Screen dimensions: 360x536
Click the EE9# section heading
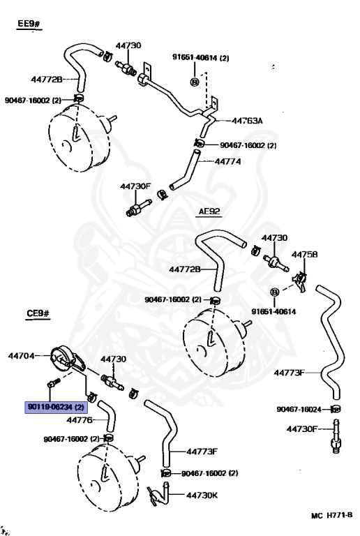click(29, 24)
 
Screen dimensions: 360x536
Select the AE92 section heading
click(209, 211)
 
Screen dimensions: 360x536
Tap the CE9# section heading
click(38, 313)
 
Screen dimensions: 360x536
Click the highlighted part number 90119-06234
click(56, 407)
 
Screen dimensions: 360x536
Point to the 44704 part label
click(21, 356)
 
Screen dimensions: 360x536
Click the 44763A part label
click(247, 121)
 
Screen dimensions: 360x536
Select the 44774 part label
click(228, 161)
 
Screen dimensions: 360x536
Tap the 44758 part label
click(304, 254)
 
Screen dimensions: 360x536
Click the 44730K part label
click(202, 495)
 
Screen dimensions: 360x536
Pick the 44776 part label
click(80, 419)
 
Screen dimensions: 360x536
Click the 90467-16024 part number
click(299, 409)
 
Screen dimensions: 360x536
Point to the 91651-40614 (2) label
click(200, 58)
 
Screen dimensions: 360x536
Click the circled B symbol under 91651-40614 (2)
click(195, 82)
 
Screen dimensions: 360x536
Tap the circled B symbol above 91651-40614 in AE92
click(275, 292)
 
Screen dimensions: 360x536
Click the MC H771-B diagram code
click(331, 516)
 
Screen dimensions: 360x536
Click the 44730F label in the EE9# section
click(135, 186)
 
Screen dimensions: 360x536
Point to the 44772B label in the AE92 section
click(184, 269)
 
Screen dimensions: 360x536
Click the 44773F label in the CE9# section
click(202, 452)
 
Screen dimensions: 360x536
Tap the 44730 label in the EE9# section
click(128, 45)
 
